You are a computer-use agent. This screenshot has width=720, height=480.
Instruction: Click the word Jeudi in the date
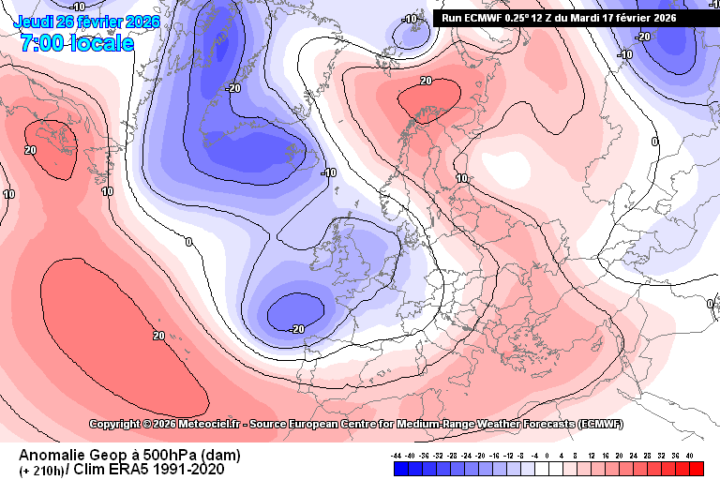[x=37, y=22]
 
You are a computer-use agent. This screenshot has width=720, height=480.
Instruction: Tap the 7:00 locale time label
[x=76, y=43]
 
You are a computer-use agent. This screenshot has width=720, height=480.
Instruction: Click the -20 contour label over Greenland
[x=233, y=88]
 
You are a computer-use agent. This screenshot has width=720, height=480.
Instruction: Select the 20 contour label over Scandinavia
[x=426, y=82]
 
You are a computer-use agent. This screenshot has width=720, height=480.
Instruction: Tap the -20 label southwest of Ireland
[x=297, y=328]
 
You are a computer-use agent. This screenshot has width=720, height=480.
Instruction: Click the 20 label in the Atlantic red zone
[x=158, y=335]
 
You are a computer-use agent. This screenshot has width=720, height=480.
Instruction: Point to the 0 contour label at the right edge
[x=654, y=142]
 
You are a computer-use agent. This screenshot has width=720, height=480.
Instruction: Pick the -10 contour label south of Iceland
[x=328, y=172]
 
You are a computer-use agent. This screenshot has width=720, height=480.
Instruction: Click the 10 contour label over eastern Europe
[x=461, y=178]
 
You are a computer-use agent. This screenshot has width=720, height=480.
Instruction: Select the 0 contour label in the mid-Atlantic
[x=188, y=242]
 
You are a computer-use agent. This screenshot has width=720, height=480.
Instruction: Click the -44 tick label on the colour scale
[x=397, y=455]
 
